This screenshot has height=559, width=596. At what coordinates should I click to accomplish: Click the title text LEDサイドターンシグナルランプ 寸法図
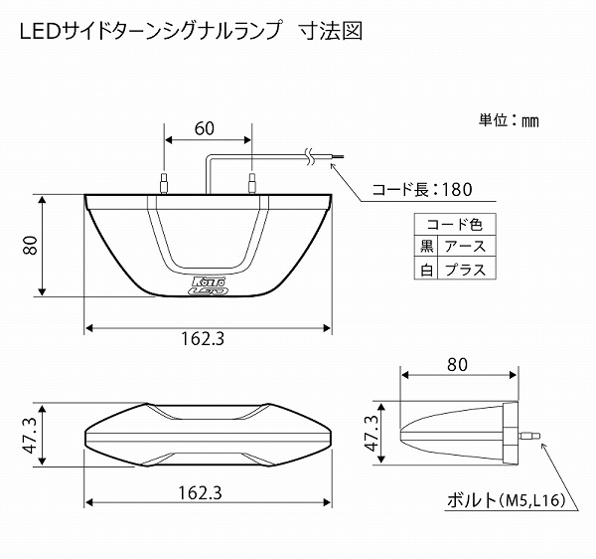[190, 31]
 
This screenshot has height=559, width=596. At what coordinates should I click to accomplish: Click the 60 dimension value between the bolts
[205, 128]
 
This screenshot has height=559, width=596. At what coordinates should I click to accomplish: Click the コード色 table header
[452, 224]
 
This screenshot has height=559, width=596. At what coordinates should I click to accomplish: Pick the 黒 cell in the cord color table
[427, 246]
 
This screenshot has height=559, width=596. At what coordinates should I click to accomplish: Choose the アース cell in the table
[465, 246]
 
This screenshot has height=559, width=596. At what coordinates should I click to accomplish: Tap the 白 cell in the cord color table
[427, 269]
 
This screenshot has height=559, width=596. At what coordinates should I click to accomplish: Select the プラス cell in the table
[465, 269]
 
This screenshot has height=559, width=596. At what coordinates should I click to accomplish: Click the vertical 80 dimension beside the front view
[31, 245]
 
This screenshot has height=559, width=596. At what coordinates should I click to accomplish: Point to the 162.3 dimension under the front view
[204, 338]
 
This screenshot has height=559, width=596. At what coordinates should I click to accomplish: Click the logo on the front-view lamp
[207, 285]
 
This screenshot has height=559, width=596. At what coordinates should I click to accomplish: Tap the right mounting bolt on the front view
[251, 183]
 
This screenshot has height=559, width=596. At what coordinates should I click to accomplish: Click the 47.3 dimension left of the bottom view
[30, 435]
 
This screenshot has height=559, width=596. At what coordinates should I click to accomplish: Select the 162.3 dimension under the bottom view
[204, 492]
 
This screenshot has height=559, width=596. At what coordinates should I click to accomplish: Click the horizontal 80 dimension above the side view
[456, 364]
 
